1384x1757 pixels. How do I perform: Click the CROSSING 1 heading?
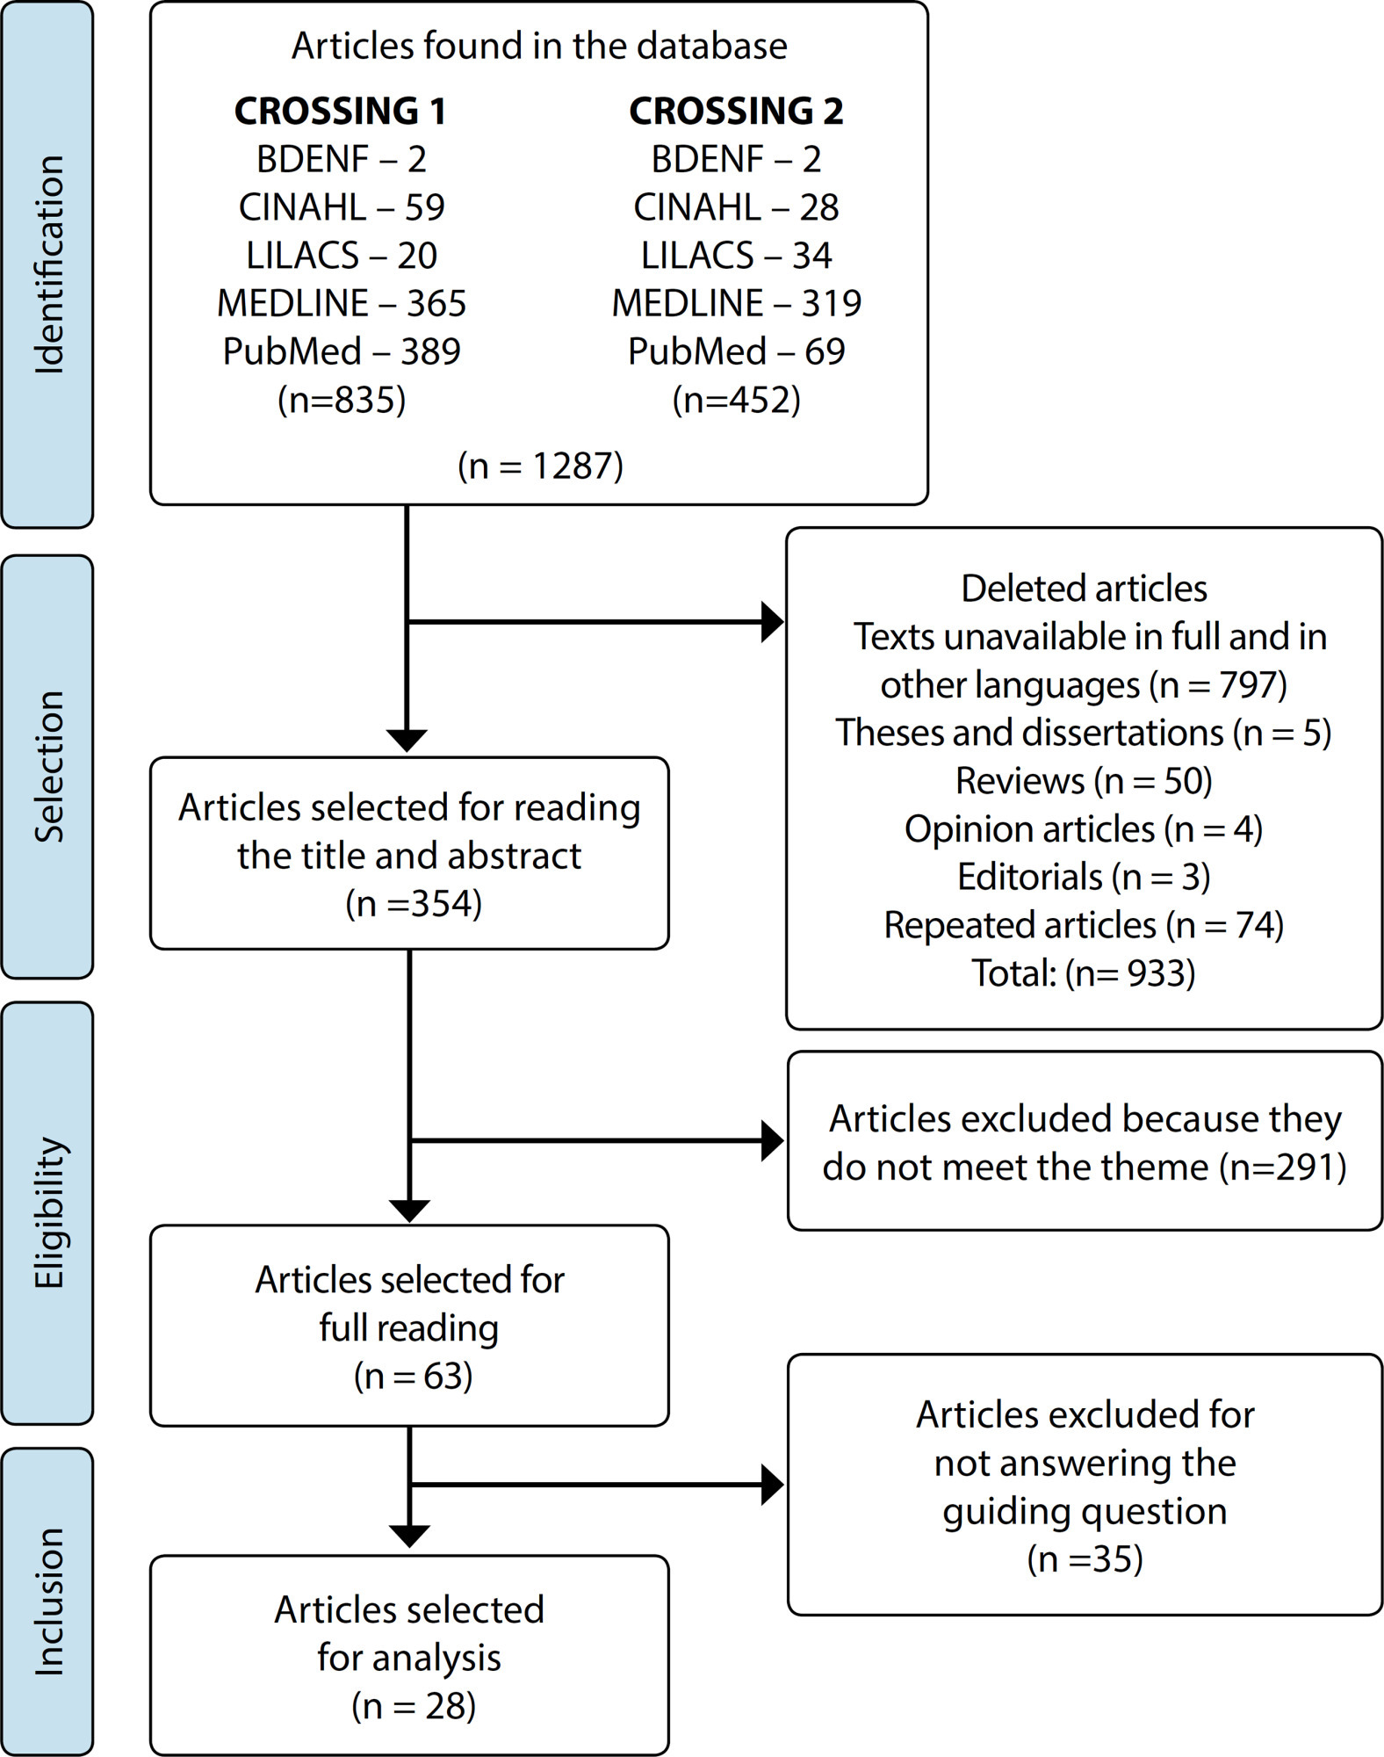[x=341, y=111]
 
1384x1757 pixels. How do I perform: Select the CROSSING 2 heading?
[x=736, y=111]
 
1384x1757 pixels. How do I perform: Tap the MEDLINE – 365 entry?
[x=342, y=303]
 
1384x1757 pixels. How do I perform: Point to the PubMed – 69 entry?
[x=736, y=351]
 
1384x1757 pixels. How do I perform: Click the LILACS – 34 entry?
[x=736, y=255]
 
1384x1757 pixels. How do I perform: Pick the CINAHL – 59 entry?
[x=342, y=207]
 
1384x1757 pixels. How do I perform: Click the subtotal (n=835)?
[x=342, y=400]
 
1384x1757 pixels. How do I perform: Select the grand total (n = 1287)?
[x=540, y=465]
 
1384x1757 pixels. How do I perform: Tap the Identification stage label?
[x=48, y=264]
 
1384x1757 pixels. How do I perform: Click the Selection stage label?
[x=48, y=767]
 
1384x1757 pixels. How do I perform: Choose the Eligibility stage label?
[x=49, y=1213]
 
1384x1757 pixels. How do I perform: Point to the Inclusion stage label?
[x=48, y=1602]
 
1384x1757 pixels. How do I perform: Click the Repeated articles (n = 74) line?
[x=1084, y=925]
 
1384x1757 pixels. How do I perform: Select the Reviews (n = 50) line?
[x=1084, y=781]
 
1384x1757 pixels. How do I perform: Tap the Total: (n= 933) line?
[x=1084, y=973]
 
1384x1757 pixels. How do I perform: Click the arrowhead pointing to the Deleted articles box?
[x=772, y=622]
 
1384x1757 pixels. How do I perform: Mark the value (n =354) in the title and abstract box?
[x=414, y=903]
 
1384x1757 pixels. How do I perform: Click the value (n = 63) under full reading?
[x=414, y=1376]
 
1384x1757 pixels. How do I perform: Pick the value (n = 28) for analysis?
[x=414, y=1706]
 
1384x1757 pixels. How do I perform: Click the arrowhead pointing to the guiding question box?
[x=772, y=1485]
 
